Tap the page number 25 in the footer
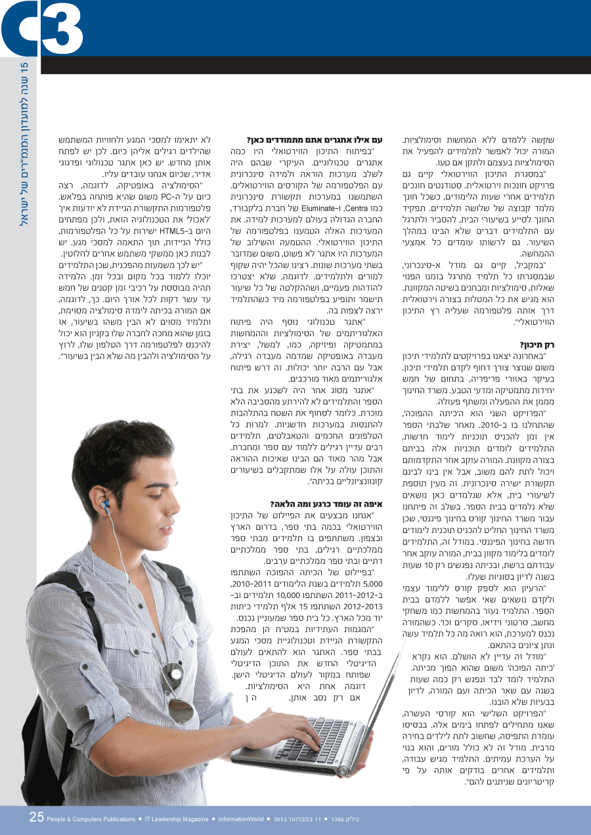click(37, 817)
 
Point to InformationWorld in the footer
click(241, 819)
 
